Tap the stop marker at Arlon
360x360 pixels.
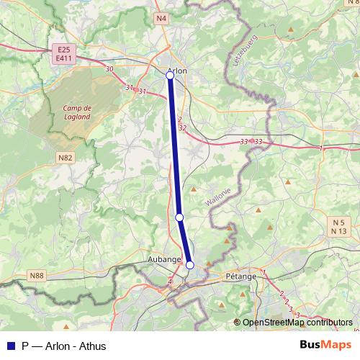tap(170, 75)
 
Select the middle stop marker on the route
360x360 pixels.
tap(179, 217)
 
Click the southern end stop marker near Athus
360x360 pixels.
tap(190, 265)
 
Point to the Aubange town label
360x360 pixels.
tap(164, 258)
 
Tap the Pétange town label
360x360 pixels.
tap(240, 276)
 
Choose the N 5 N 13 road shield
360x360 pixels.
tap(339, 226)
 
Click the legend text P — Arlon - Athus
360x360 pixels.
tap(64, 346)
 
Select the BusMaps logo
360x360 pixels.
tap(326, 345)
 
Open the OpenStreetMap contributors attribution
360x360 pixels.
tap(297, 323)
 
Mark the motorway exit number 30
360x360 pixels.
tap(109, 69)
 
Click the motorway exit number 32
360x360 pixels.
tap(182, 127)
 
